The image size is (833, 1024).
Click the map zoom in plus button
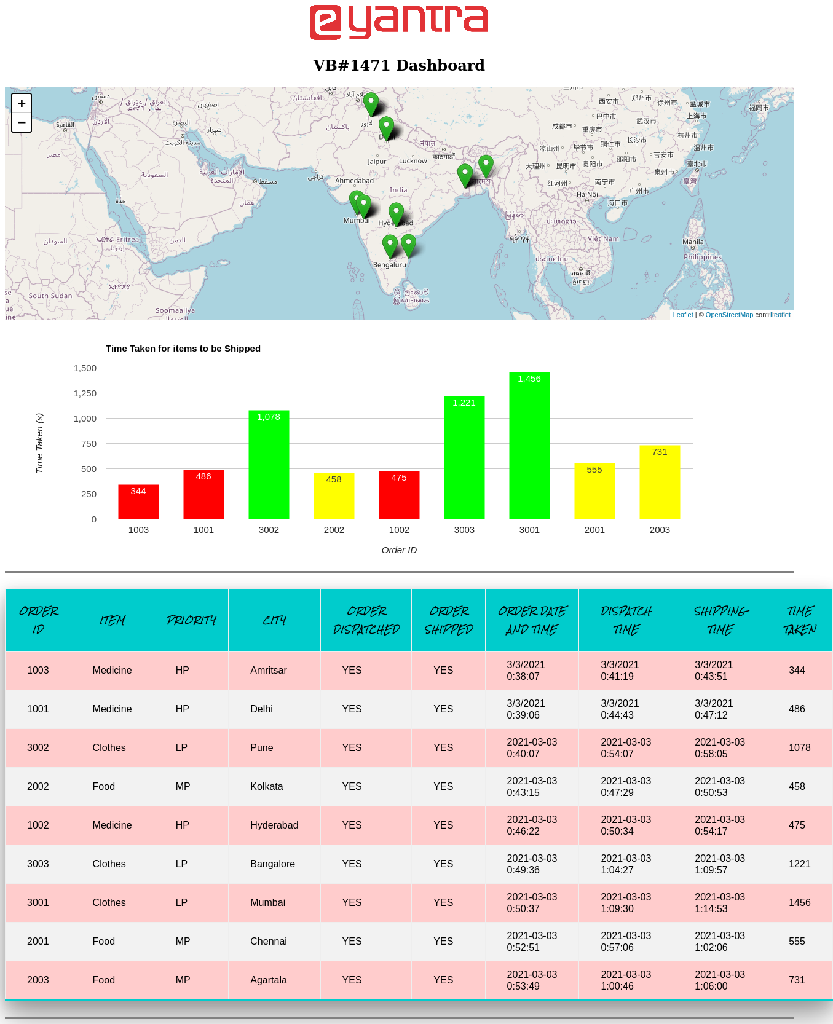click(x=22, y=103)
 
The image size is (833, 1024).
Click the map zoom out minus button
click(x=22, y=122)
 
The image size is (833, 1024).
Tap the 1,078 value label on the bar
click(x=269, y=417)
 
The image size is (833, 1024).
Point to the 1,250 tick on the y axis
click(x=85, y=393)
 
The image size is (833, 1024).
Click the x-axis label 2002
click(x=334, y=530)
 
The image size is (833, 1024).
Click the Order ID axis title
click(x=399, y=550)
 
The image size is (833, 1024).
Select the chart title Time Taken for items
click(x=183, y=349)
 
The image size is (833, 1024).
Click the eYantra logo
click(x=398, y=22)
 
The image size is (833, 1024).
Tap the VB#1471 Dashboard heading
click(x=398, y=65)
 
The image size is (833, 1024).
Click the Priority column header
click(x=191, y=620)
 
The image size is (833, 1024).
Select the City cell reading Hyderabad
click(x=274, y=825)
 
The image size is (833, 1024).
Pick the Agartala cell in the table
click(x=269, y=980)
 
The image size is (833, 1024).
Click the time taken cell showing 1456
click(x=799, y=902)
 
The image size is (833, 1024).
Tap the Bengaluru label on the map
click(x=390, y=265)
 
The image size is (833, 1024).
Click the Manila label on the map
click(x=693, y=242)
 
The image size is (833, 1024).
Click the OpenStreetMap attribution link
click(x=729, y=315)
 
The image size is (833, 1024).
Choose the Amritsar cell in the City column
click(x=269, y=670)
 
